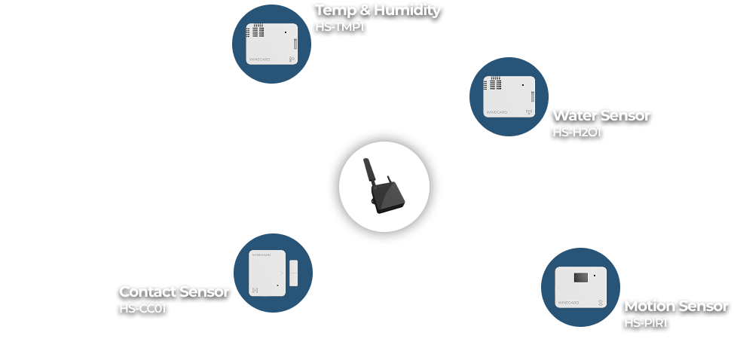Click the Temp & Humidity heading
(378, 11)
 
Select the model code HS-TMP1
(339, 27)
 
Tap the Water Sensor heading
(601, 116)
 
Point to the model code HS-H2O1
(576, 133)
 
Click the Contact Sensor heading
(174, 291)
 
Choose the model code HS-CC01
(142, 308)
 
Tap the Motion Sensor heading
(676, 307)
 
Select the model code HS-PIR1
(646, 323)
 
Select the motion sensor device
(581, 288)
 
